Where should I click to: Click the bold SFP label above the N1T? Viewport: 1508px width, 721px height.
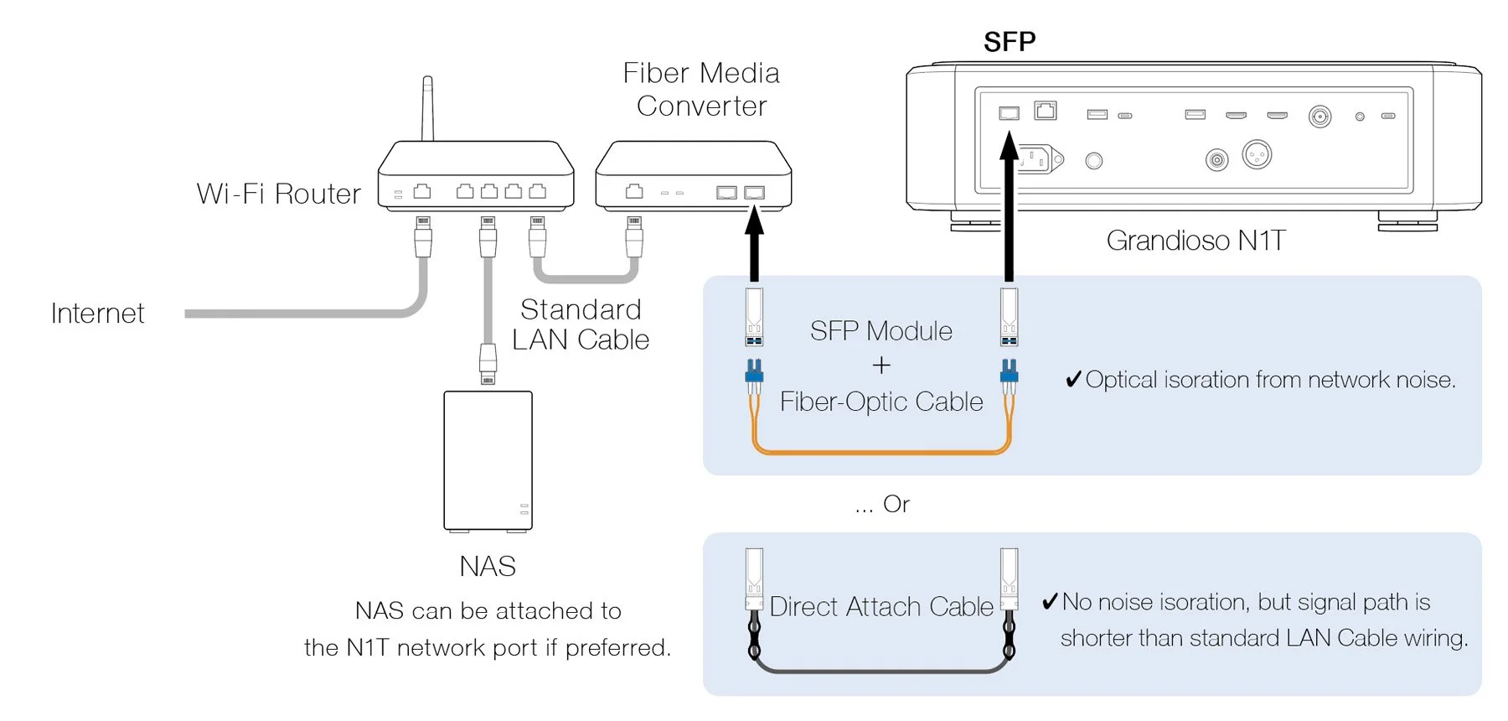tap(1010, 42)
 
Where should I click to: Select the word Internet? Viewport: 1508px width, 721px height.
tap(97, 314)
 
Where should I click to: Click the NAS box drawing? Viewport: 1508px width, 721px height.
tap(488, 460)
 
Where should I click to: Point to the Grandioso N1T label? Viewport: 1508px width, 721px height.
tap(1196, 241)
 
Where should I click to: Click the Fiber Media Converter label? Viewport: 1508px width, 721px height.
tap(701, 90)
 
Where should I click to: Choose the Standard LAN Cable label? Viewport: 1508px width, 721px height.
tap(581, 324)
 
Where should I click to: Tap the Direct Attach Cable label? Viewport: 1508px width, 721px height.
tap(881, 606)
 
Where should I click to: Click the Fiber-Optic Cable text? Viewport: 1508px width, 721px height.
tap(881, 402)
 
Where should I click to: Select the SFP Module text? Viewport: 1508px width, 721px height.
tap(881, 331)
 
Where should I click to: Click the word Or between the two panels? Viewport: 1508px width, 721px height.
tap(896, 504)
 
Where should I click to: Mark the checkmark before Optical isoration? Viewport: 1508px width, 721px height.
tap(1073, 380)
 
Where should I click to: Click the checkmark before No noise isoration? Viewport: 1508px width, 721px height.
tap(1050, 601)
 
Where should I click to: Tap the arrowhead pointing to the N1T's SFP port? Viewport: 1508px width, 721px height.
tap(1010, 147)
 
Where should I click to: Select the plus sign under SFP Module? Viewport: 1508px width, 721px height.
tap(881, 366)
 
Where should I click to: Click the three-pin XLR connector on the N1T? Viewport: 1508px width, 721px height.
tap(1257, 154)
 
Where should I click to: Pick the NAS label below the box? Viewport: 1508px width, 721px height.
tap(488, 567)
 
